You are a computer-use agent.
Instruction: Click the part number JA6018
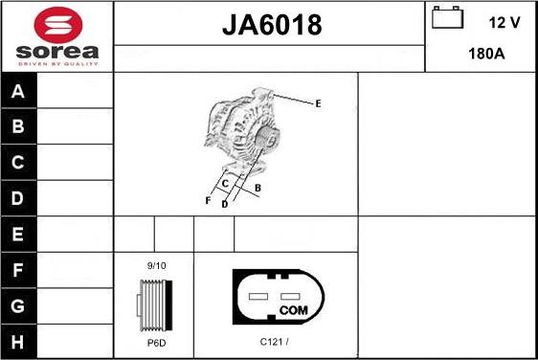[272, 25]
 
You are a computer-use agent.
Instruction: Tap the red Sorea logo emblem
[58, 25]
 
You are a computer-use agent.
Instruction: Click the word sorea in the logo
[57, 52]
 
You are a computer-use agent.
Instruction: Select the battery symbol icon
[447, 17]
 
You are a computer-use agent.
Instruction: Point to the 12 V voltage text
[504, 23]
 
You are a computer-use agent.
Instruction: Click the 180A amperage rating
[486, 54]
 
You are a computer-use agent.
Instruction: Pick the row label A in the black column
[18, 91]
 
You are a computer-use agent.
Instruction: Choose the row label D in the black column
[18, 198]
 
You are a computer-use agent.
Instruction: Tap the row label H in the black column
[18, 342]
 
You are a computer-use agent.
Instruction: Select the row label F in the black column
[18, 270]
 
